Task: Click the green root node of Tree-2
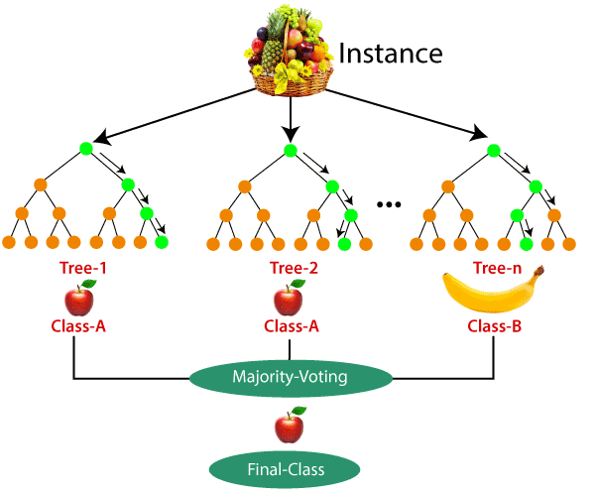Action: pyautogui.click(x=290, y=151)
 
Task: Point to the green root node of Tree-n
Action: pyautogui.click(x=493, y=151)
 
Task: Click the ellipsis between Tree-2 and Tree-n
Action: pyautogui.click(x=389, y=203)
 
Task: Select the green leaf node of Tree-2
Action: pyautogui.click(x=343, y=241)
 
